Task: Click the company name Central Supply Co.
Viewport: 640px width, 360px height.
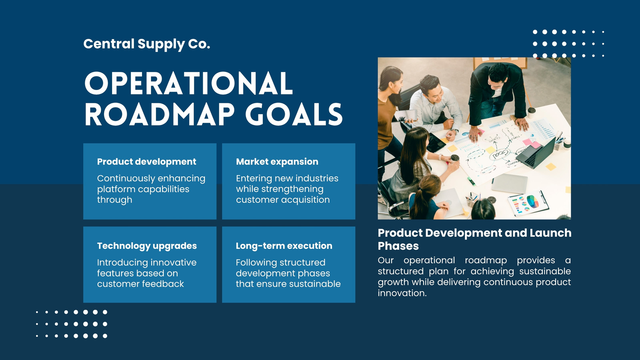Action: pos(146,44)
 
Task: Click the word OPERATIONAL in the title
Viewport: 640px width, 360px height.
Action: pos(188,83)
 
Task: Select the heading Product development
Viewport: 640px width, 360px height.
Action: pos(146,162)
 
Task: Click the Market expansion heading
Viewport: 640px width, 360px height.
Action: pos(277,162)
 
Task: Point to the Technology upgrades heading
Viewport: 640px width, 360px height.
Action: pos(147,246)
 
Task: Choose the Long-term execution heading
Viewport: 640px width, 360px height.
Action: pos(284,246)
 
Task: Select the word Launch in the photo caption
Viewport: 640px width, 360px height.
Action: pos(550,233)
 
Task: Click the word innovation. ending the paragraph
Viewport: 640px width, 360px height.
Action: pos(402,293)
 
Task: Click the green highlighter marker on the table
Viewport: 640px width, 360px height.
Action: pos(472,182)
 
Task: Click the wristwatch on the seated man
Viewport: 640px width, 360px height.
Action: pos(456,132)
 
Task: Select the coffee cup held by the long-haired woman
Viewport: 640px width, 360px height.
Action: pos(454,158)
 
